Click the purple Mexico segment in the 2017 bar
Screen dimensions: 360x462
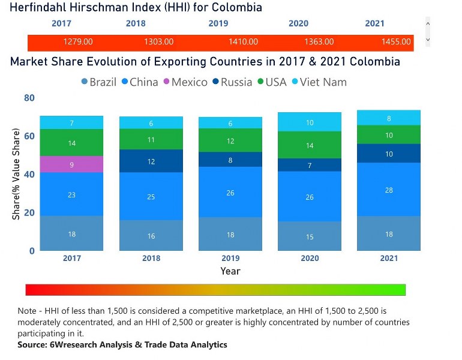tap(71, 164)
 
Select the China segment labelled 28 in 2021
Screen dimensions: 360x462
tap(389, 190)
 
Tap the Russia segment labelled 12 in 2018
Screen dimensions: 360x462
tap(151, 161)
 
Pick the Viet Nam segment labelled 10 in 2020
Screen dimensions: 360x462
tap(310, 122)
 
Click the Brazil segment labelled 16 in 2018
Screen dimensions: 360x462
tap(151, 235)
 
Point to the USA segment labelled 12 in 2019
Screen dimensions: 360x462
tap(230, 140)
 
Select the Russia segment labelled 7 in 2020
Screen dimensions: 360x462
tap(310, 165)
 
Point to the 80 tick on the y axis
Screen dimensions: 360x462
tap(29, 98)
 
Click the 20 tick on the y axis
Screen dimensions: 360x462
tap(29, 212)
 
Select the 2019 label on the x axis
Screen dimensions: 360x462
tap(230, 258)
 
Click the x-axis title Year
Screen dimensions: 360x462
tap(230, 271)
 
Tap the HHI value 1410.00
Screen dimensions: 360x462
tap(244, 42)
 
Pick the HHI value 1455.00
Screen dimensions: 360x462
tap(396, 42)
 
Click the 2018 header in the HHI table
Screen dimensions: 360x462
tap(136, 23)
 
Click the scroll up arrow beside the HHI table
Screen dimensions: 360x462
tap(427, 23)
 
